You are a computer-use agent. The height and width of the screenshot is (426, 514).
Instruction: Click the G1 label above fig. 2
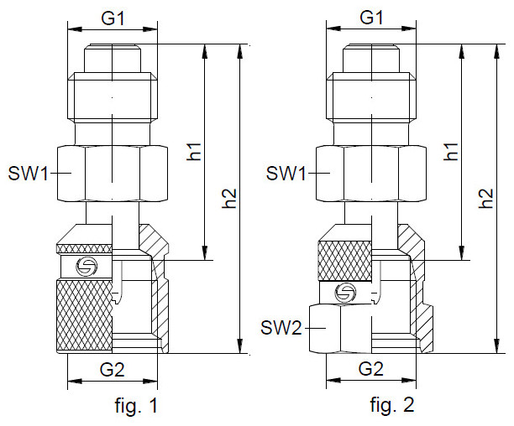370,17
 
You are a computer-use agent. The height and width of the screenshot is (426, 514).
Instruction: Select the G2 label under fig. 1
113,368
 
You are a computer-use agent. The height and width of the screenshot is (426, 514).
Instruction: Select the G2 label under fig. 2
370,368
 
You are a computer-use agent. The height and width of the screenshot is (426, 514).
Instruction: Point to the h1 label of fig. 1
196,151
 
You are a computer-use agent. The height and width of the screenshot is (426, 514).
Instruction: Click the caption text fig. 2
392,407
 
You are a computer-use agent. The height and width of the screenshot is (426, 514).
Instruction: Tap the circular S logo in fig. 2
344,292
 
